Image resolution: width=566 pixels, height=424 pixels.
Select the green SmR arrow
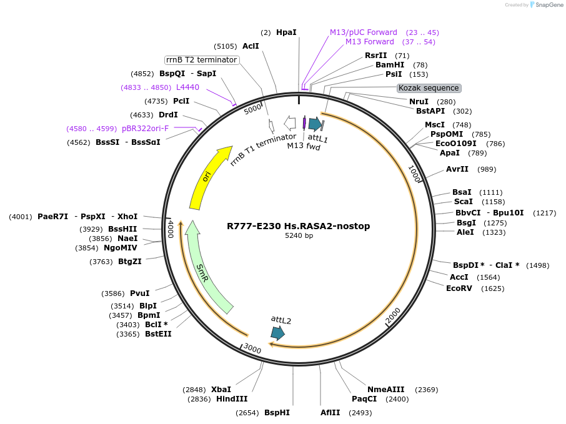point(206,269)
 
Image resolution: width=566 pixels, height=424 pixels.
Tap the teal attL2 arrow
point(277,333)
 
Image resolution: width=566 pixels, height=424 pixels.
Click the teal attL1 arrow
point(315,124)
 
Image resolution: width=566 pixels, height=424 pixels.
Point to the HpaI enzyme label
point(286,32)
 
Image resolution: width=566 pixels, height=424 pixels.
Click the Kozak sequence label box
point(429,88)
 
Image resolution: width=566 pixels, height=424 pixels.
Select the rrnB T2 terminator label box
point(201,60)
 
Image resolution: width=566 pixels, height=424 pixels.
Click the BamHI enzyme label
point(390,65)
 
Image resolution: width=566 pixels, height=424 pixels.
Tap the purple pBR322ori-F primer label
point(145,129)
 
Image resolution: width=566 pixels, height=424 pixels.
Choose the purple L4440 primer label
point(187,87)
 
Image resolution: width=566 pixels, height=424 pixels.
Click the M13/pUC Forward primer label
point(364,32)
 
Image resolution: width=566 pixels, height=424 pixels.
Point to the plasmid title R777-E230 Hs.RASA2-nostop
point(299,226)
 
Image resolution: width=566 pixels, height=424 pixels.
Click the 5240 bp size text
point(299,236)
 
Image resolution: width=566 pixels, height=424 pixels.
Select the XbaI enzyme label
point(221,390)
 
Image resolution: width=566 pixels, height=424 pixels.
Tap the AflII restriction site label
point(330,413)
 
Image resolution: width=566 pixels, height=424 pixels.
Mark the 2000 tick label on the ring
point(392,317)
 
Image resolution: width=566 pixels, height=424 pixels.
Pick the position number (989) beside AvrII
point(487,169)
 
